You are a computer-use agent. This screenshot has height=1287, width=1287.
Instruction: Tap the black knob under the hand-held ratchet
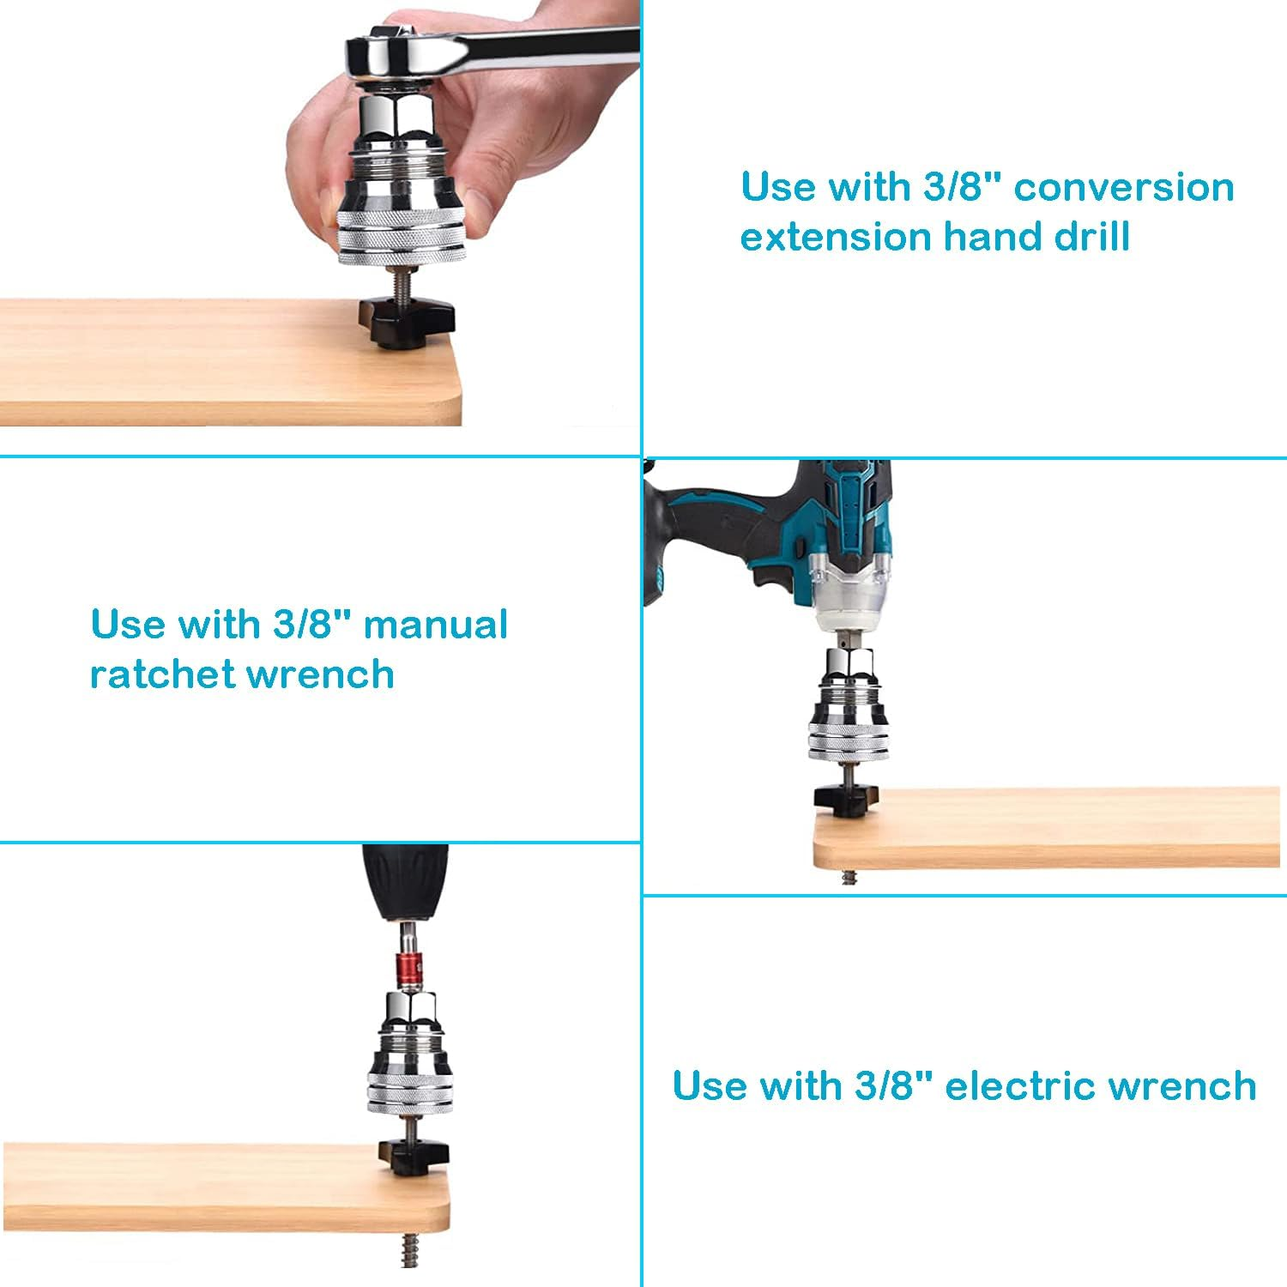pyautogui.click(x=406, y=323)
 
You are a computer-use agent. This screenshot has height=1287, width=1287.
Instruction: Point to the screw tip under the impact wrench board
pyautogui.click(x=849, y=877)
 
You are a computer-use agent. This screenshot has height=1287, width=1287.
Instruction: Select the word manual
pyautogui.click(x=436, y=625)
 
